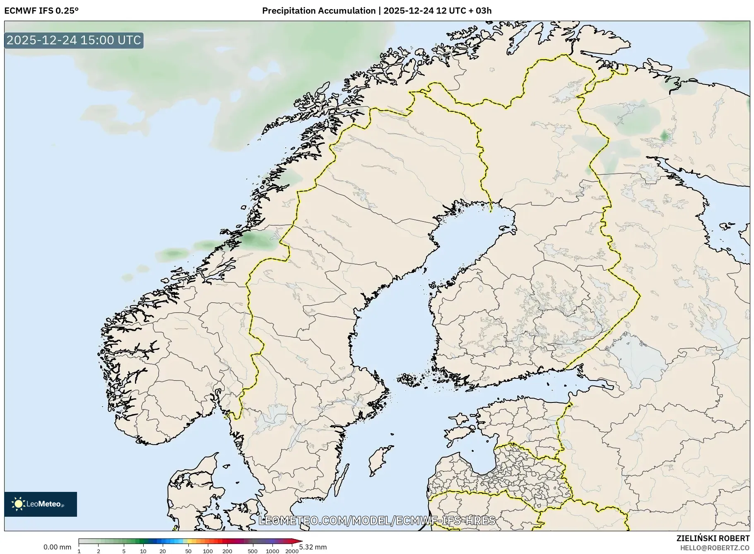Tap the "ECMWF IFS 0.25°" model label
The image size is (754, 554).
pyautogui.click(x=41, y=11)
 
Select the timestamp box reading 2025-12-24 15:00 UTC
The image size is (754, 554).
pyautogui.click(x=74, y=40)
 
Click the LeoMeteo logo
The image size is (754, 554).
pyautogui.click(x=41, y=504)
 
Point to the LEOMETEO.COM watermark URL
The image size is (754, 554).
pyautogui.click(x=377, y=520)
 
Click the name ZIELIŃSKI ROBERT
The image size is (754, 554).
pyautogui.click(x=713, y=538)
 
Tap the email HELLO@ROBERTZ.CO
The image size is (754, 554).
pyautogui.click(x=715, y=548)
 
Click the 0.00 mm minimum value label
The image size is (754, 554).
pyautogui.click(x=57, y=547)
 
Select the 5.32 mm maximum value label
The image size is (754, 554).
pyautogui.click(x=313, y=547)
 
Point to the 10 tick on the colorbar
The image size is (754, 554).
pyautogui.click(x=143, y=551)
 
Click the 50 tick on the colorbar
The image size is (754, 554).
pyautogui.click(x=188, y=551)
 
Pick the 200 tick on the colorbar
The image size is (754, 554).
pyautogui.click(x=227, y=551)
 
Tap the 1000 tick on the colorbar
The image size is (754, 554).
pyautogui.click(x=272, y=551)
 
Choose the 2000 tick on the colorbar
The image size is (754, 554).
pyautogui.click(x=291, y=551)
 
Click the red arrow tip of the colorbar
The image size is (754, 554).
pyautogui.click(x=299, y=541)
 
